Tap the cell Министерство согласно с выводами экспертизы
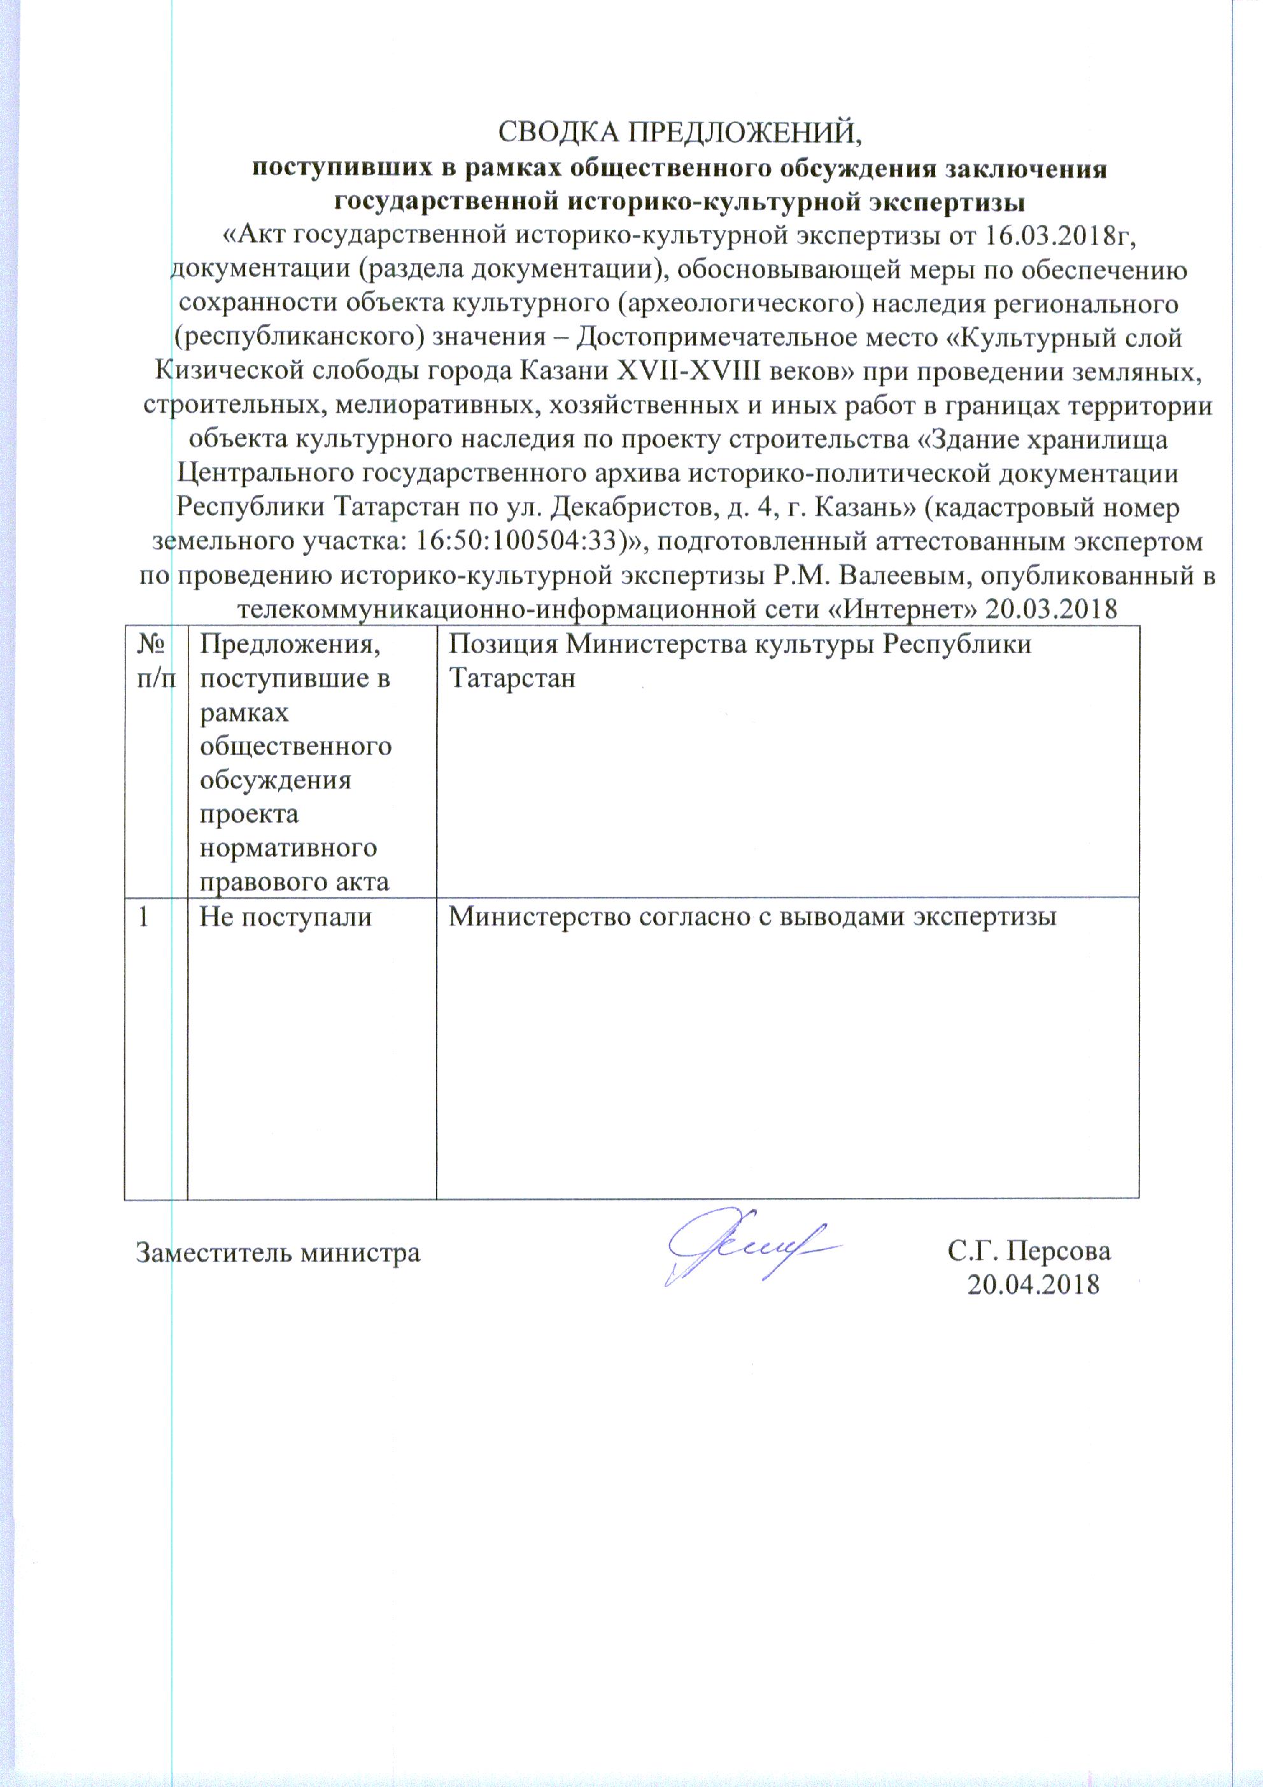coord(752,917)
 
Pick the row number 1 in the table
coord(144,917)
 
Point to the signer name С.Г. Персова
coord(1029,1251)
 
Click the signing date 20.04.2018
coord(1033,1285)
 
